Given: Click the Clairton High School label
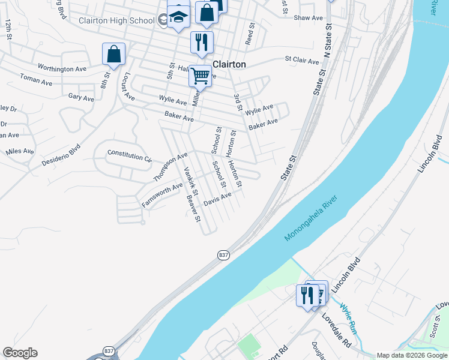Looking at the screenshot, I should coord(117,20).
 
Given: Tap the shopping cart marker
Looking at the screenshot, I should coord(200,76).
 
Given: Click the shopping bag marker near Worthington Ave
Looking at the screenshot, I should coord(113,55).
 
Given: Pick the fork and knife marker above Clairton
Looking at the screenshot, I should coord(201,42).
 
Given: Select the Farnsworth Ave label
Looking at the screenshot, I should coord(161,196).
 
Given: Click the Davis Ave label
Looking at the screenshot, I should coord(217,199).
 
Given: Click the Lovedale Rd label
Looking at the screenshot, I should coord(336,330).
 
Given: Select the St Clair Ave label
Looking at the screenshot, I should coord(302,60).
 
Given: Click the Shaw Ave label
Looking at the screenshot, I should coord(309,18).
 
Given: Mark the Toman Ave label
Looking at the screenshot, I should coord(37,79).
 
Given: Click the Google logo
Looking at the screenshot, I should coord(20,353).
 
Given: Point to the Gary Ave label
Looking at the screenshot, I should coord(81,97).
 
